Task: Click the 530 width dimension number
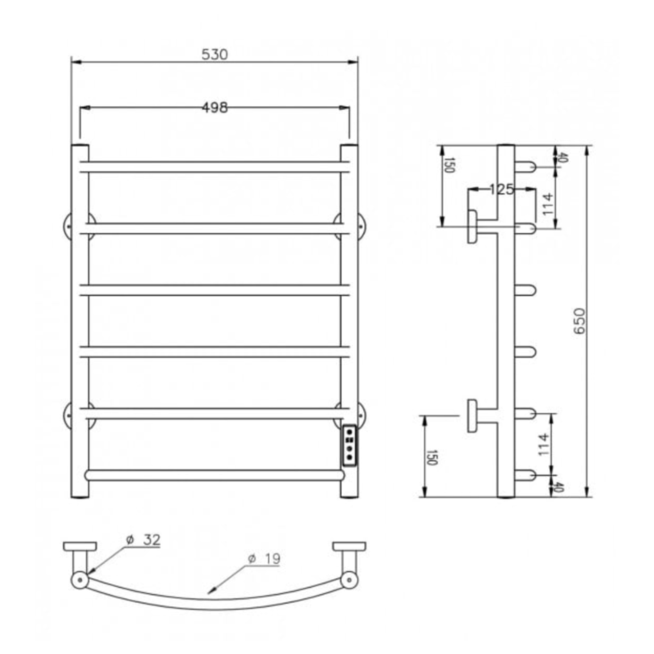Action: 215,55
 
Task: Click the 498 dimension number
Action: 215,108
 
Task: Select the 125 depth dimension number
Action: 502,190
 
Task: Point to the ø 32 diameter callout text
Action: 143,540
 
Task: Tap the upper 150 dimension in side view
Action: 448,165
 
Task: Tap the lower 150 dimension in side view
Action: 430,457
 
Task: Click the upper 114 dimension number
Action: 547,204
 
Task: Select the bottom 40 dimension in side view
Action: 559,488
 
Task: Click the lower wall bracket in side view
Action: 472,415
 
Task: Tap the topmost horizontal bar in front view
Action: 215,167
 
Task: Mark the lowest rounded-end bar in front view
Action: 215,475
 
